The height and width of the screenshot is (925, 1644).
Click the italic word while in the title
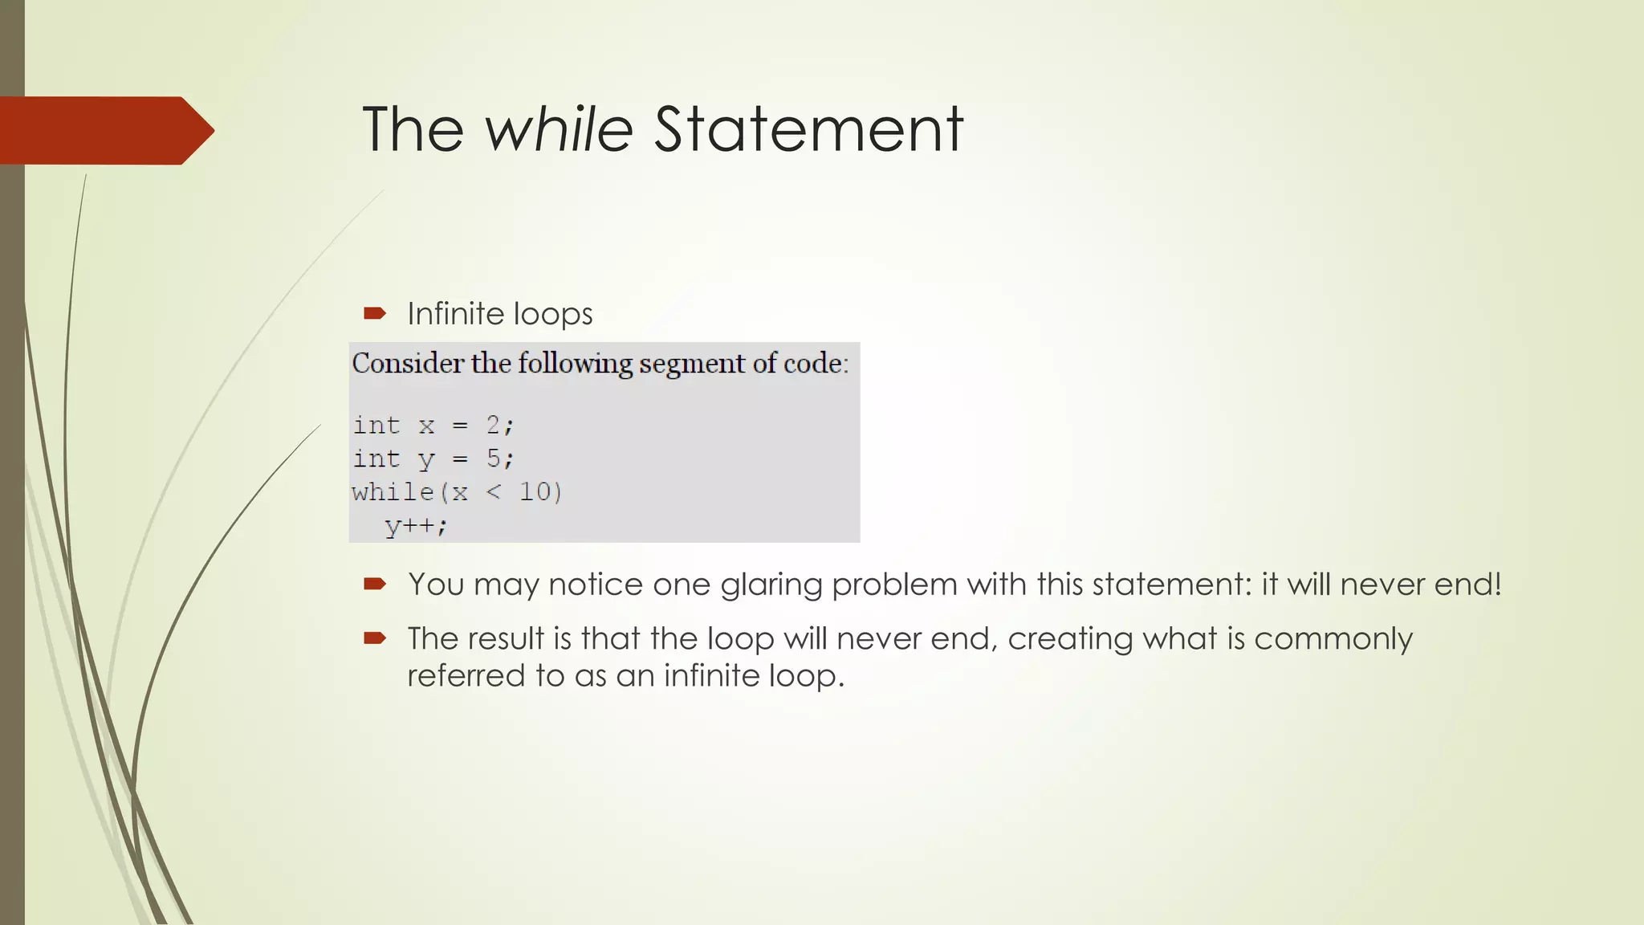[559, 129]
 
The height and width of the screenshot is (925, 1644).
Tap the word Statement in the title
[808, 129]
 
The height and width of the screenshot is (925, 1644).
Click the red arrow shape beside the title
[104, 130]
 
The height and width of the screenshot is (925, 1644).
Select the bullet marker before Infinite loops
[375, 314]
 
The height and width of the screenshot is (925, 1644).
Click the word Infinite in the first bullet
[455, 314]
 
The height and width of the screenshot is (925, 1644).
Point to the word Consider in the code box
[408, 363]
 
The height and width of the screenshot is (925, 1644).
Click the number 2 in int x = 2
[493, 424]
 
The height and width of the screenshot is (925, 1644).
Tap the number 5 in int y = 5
[493, 458]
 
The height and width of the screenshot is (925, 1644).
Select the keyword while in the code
[393, 491]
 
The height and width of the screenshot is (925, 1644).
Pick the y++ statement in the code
[414, 526]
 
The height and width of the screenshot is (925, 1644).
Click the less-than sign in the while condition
[494, 492]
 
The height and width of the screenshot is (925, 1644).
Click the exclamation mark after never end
[1496, 584]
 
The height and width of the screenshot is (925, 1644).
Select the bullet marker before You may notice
[375, 584]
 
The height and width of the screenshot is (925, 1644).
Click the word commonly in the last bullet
[1333, 639]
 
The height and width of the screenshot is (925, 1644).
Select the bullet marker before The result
[375, 638]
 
